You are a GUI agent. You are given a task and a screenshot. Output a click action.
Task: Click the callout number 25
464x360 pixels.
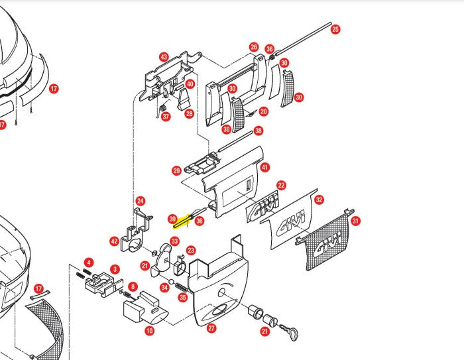point(335,29)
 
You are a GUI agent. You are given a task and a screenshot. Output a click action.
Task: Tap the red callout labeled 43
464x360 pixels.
point(164,57)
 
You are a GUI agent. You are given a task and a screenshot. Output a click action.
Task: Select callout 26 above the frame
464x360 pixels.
point(254,47)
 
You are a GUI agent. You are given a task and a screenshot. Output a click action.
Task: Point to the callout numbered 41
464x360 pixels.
point(265,168)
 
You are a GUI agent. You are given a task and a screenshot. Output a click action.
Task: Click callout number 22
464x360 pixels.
point(281,186)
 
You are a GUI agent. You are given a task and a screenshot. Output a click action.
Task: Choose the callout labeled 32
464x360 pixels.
point(319,200)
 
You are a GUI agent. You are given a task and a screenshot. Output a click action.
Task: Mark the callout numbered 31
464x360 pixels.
point(355,221)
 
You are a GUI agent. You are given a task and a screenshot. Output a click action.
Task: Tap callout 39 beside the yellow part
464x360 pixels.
point(172,218)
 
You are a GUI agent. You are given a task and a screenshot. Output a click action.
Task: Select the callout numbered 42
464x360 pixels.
point(114,241)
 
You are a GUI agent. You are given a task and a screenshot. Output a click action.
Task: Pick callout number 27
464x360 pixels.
point(211,328)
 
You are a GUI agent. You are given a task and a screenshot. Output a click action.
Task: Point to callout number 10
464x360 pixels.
point(149,330)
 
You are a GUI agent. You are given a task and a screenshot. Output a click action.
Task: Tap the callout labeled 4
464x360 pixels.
point(89,263)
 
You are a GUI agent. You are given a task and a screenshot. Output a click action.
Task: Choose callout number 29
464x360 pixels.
point(177,171)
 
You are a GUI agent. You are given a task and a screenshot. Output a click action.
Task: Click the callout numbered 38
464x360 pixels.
point(259,131)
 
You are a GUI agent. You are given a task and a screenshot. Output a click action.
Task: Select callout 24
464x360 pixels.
point(141,201)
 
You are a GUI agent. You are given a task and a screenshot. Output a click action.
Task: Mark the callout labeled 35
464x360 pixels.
point(182,298)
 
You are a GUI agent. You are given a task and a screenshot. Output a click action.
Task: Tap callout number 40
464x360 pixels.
point(190,84)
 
